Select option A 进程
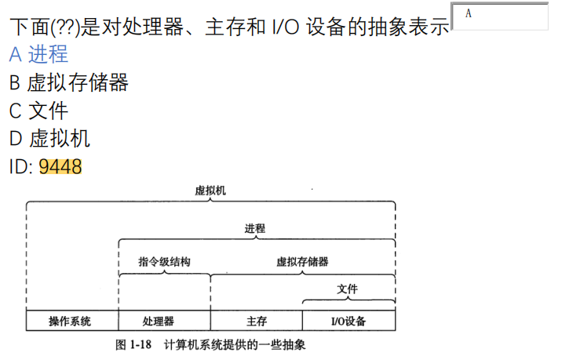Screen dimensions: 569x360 (38, 54)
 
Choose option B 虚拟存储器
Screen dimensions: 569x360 (69, 82)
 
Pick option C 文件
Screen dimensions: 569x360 (38, 111)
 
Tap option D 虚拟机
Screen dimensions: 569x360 (49, 139)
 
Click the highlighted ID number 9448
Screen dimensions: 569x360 (60, 167)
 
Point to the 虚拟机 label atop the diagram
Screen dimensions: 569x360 (210, 191)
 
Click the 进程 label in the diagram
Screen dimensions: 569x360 (255, 229)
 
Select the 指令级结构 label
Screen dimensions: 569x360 (164, 262)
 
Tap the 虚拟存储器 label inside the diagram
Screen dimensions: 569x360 (302, 262)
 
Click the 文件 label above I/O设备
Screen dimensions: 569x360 (348, 289)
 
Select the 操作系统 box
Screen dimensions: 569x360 (71, 322)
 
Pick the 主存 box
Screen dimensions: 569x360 (256, 322)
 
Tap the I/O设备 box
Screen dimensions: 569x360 (348, 322)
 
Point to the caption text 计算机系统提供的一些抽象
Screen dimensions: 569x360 (235, 344)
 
